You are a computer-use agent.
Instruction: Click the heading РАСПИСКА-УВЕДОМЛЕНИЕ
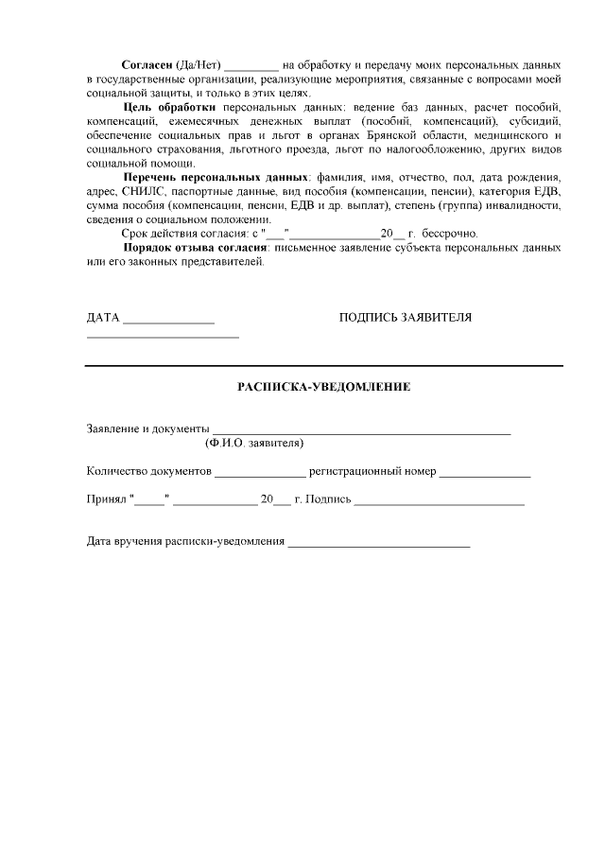(323, 387)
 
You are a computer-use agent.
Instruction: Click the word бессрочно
(449, 233)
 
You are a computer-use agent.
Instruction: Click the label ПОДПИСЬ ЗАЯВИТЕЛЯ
(405, 317)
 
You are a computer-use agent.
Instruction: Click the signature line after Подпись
(439, 502)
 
